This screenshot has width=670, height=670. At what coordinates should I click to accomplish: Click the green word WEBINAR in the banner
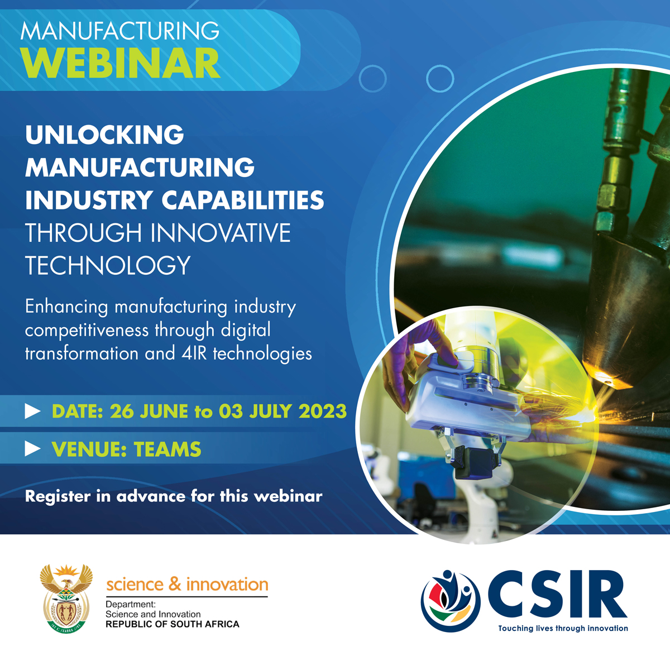pos(120,63)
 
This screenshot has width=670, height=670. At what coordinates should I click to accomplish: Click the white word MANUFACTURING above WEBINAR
pos(120,32)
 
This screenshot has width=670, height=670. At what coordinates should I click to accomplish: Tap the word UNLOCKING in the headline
pos(104,135)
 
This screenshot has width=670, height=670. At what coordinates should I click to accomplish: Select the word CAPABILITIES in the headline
pos(243,200)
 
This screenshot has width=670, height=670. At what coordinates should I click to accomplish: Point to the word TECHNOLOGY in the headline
pos(108,265)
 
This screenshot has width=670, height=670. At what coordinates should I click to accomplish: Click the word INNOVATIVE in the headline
pos(221,233)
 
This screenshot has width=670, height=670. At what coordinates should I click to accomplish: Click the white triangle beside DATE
pos(33,411)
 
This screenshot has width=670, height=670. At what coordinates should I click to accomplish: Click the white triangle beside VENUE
pos(33,448)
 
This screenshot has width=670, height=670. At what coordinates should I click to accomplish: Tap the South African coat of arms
pos(66,599)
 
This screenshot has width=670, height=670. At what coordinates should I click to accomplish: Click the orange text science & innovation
pos(187,584)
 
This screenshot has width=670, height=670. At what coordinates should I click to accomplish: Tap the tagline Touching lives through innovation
pos(563,628)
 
